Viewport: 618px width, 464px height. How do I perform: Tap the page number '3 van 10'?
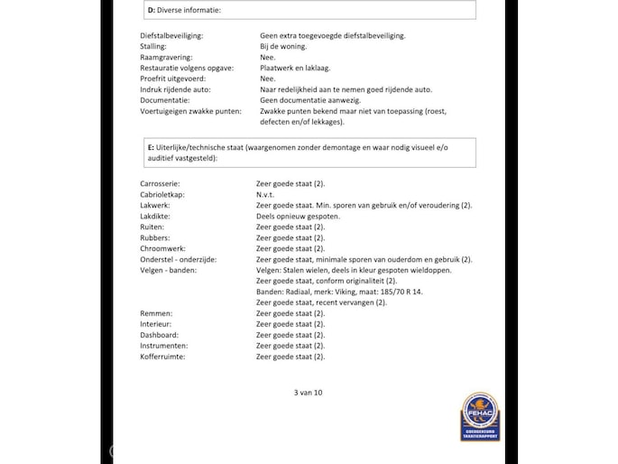click(x=308, y=393)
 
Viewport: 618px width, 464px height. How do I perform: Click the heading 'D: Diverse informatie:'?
click(x=184, y=10)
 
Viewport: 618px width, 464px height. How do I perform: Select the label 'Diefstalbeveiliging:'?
click(x=171, y=35)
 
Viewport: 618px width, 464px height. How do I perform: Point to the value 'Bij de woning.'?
click(x=283, y=46)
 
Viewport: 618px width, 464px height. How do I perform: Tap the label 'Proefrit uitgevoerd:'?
click(x=171, y=79)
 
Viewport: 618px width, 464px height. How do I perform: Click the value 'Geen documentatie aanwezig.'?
click(x=308, y=100)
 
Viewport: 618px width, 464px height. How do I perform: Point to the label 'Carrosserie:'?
click(x=161, y=183)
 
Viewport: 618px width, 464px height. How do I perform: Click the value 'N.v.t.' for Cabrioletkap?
click(x=268, y=194)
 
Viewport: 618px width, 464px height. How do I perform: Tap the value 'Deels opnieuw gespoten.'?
click(x=299, y=216)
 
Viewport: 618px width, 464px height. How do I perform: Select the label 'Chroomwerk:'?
click(x=163, y=248)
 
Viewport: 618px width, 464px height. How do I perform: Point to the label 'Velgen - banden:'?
click(x=169, y=270)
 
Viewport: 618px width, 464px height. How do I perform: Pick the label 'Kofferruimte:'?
click(x=164, y=357)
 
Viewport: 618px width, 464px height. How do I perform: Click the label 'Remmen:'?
click(x=156, y=313)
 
